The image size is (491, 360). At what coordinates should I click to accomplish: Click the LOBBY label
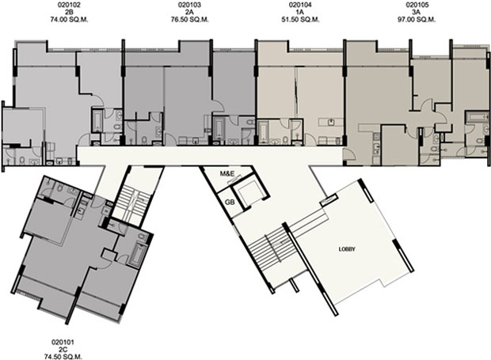348,249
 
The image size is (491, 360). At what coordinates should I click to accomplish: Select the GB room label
230,202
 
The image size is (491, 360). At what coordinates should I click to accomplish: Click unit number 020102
69,5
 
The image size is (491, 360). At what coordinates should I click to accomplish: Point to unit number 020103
190,5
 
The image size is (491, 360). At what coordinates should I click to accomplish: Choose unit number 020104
300,5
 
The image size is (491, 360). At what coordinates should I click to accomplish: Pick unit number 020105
417,5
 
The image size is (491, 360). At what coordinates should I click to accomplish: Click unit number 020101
63,343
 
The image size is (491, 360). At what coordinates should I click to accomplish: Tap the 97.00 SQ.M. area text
417,20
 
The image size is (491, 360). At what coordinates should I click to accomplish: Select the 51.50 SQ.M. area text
300,20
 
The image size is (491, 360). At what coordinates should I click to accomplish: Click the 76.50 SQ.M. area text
190,20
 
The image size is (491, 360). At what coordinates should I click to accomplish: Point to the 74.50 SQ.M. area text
63,357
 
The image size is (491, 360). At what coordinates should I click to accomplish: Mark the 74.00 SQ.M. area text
69,20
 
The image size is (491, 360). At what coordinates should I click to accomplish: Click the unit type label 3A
417,12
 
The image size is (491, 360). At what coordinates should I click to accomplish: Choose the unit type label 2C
63,350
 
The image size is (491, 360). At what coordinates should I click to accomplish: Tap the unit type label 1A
300,12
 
